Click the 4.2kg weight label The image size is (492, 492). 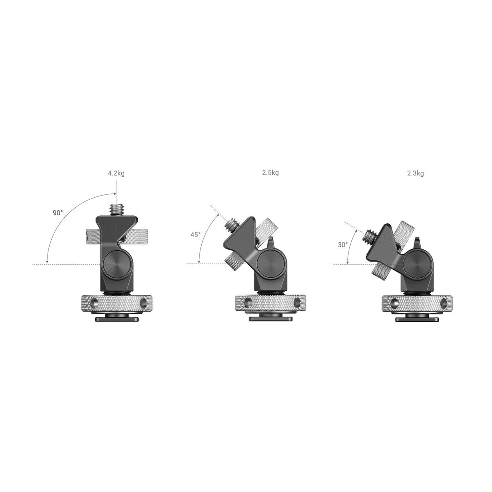[116, 173]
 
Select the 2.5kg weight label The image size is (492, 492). [270, 173]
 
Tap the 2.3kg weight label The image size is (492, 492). [415, 173]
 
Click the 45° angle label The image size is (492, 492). [195, 235]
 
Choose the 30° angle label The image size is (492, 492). [343, 245]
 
